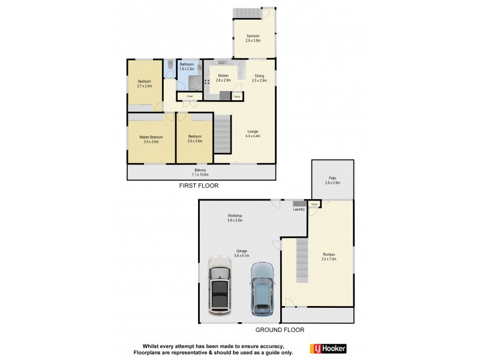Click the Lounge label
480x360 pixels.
point(253,133)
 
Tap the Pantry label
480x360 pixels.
point(237,96)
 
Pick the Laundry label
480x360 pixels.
point(298,209)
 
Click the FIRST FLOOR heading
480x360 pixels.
point(199,186)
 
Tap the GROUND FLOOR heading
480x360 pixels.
point(280,329)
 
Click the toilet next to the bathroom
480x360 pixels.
point(170,64)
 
